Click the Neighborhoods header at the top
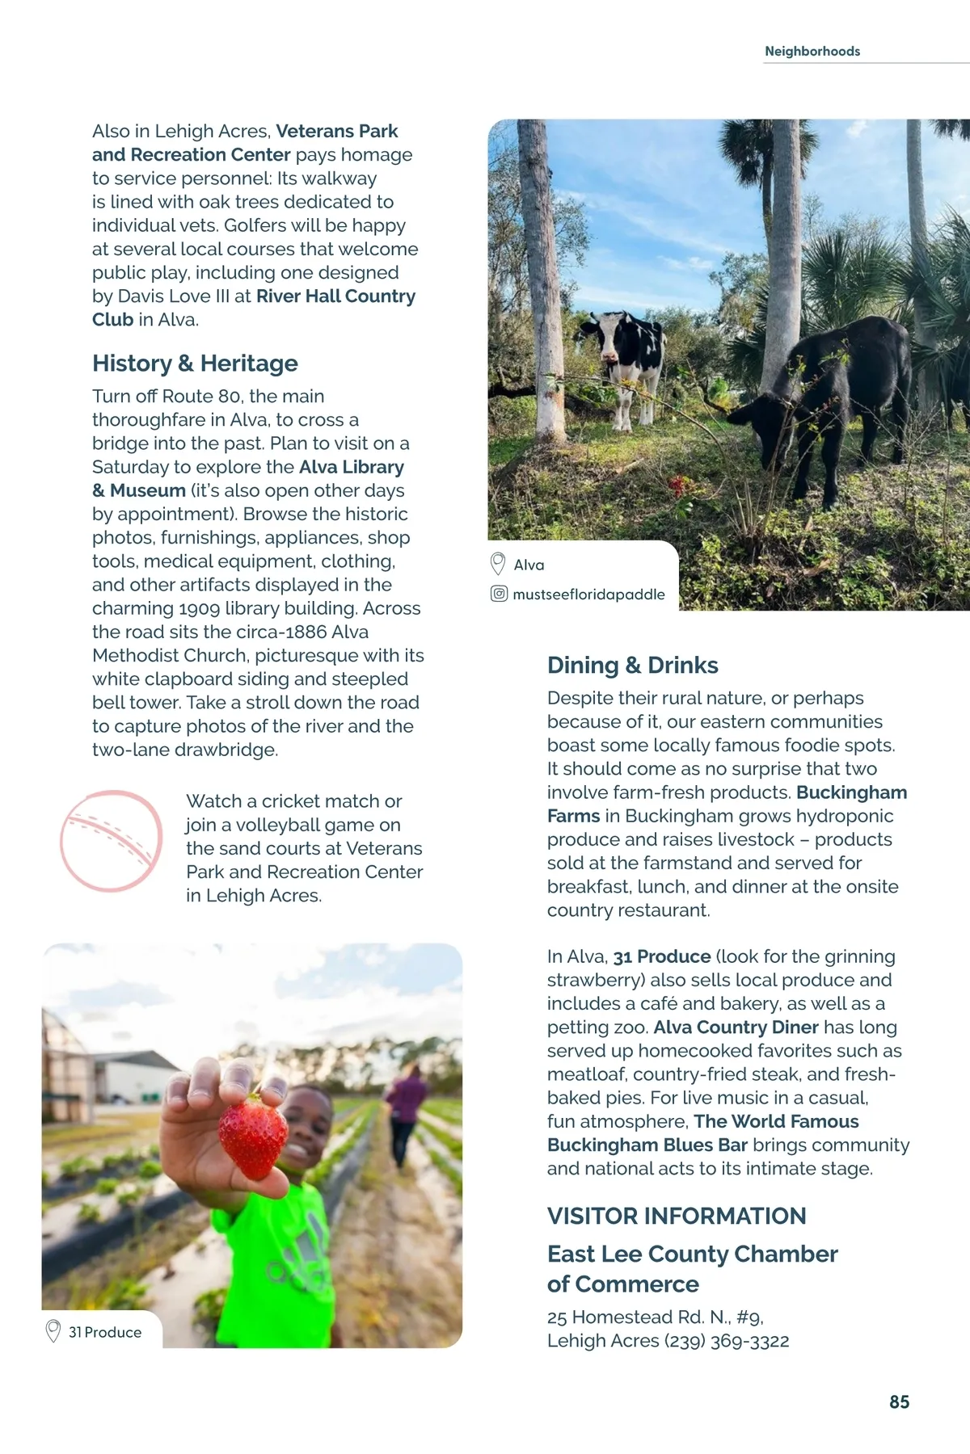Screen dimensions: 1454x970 pyautogui.click(x=812, y=51)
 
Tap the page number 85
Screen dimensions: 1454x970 pyautogui.click(x=899, y=1402)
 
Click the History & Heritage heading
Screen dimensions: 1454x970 pyautogui.click(x=195, y=363)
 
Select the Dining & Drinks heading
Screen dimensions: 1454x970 pyautogui.click(x=632, y=665)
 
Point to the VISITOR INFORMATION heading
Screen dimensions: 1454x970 pyautogui.click(x=676, y=1216)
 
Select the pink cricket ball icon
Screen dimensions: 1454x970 pyautogui.click(x=112, y=841)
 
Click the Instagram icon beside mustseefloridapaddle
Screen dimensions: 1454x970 pyautogui.click(x=499, y=594)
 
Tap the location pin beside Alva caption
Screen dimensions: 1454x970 pyautogui.click(x=498, y=564)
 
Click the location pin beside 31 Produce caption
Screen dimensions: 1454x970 pyautogui.click(x=53, y=1331)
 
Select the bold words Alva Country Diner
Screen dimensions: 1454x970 pyautogui.click(x=736, y=1027)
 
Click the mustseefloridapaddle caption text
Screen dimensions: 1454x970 pyautogui.click(x=588, y=595)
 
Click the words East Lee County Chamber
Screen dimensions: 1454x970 pyautogui.click(x=692, y=1254)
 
